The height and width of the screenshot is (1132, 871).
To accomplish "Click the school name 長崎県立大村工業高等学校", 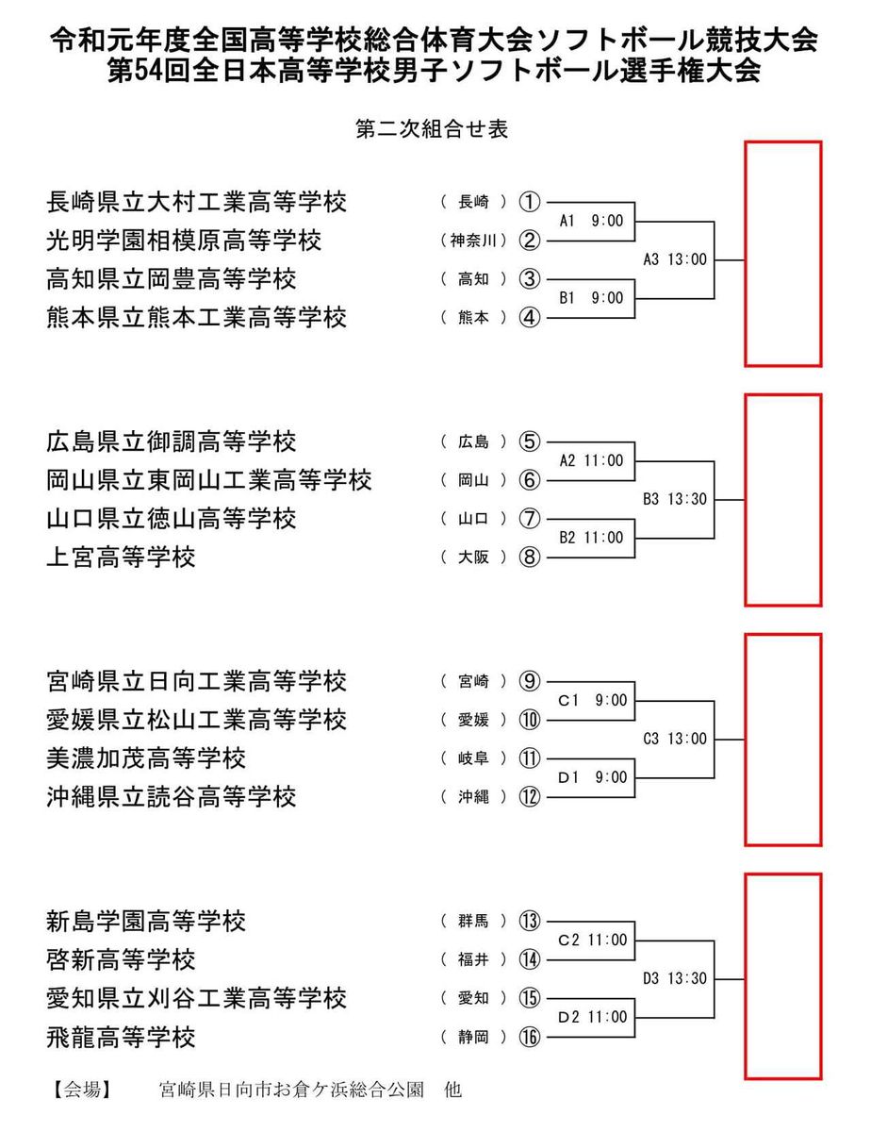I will [196, 202].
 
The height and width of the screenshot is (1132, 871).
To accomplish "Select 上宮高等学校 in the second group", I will [121, 558].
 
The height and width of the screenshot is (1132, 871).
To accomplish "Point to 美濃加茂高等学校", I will [145, 758].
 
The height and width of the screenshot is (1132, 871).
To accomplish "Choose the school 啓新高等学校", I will [121, 960].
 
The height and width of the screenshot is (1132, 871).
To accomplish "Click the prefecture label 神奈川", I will [474, 241].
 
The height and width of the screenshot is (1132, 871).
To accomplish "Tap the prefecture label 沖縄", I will [474, 797].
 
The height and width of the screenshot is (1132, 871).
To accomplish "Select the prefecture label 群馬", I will [474, 921].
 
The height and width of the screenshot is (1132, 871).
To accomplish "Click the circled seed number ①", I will [531, 202].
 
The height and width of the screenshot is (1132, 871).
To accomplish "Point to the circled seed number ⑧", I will [531, 558].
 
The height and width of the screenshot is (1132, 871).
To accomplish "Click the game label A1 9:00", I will [591, 221].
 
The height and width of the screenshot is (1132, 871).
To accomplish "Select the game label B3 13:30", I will [675, 499].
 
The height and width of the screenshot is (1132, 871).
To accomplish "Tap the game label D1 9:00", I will [591, 778].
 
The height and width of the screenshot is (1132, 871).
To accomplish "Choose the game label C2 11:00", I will [591, 940].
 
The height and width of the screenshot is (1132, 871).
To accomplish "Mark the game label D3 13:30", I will [675, 979].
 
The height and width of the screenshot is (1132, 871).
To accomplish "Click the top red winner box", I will [783, 254].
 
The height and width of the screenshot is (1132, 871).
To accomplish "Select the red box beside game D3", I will [783, 976].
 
